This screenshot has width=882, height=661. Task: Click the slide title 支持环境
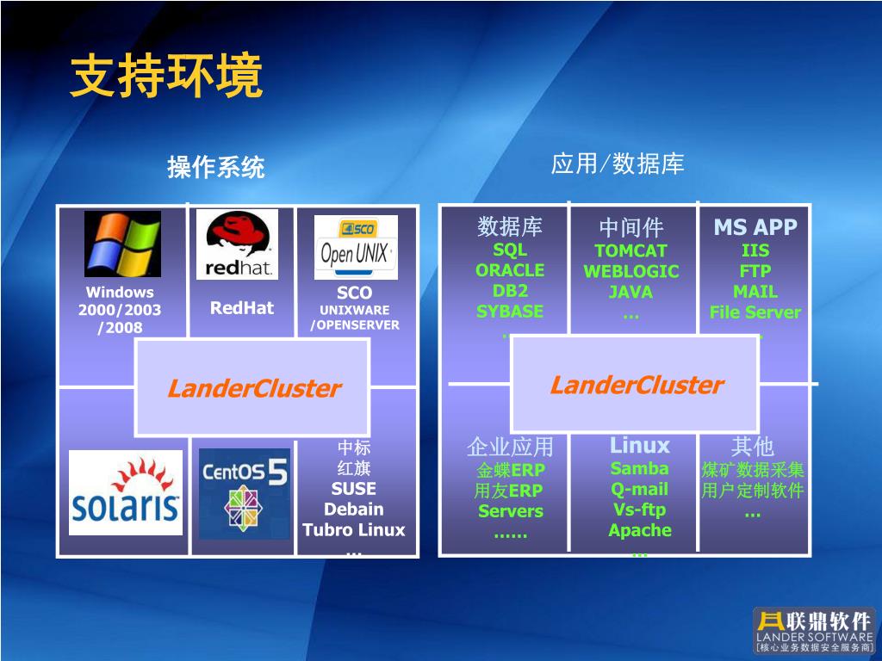click(x=166, y=78)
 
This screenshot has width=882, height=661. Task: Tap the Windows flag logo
click(x=122, y=244)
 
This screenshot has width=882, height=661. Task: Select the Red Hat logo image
click(x=237, y=244)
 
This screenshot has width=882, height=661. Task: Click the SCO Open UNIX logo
click(x=356, y=247)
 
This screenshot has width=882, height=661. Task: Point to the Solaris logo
click(x=126, y=492)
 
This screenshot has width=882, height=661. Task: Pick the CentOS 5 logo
click(x=245, y=493)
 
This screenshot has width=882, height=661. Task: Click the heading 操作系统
click(x=216, y=167)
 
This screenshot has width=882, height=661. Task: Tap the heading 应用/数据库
click(x=618, y=164)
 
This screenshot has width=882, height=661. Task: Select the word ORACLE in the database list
click(x=510, y=270)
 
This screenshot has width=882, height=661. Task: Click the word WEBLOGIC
click(x=631, y=272)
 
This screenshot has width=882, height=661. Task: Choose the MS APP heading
click(x=755, y=227)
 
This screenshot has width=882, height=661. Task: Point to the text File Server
click(x=755, y=312)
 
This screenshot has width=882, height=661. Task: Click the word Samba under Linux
click(x=639, y=469)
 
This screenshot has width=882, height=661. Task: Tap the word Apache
click(x=639, y=530)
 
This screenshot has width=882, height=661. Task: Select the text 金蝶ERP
click(x=510, y=471)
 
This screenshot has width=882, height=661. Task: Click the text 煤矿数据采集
click(x=753, y=470)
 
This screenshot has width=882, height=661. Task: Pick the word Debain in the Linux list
click(x=353, y=509)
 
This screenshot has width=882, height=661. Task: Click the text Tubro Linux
click(x=353, y=529)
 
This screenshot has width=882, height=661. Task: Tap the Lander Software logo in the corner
click(x=813, y=630)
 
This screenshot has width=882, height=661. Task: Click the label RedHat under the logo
click(x=242, y=307)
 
